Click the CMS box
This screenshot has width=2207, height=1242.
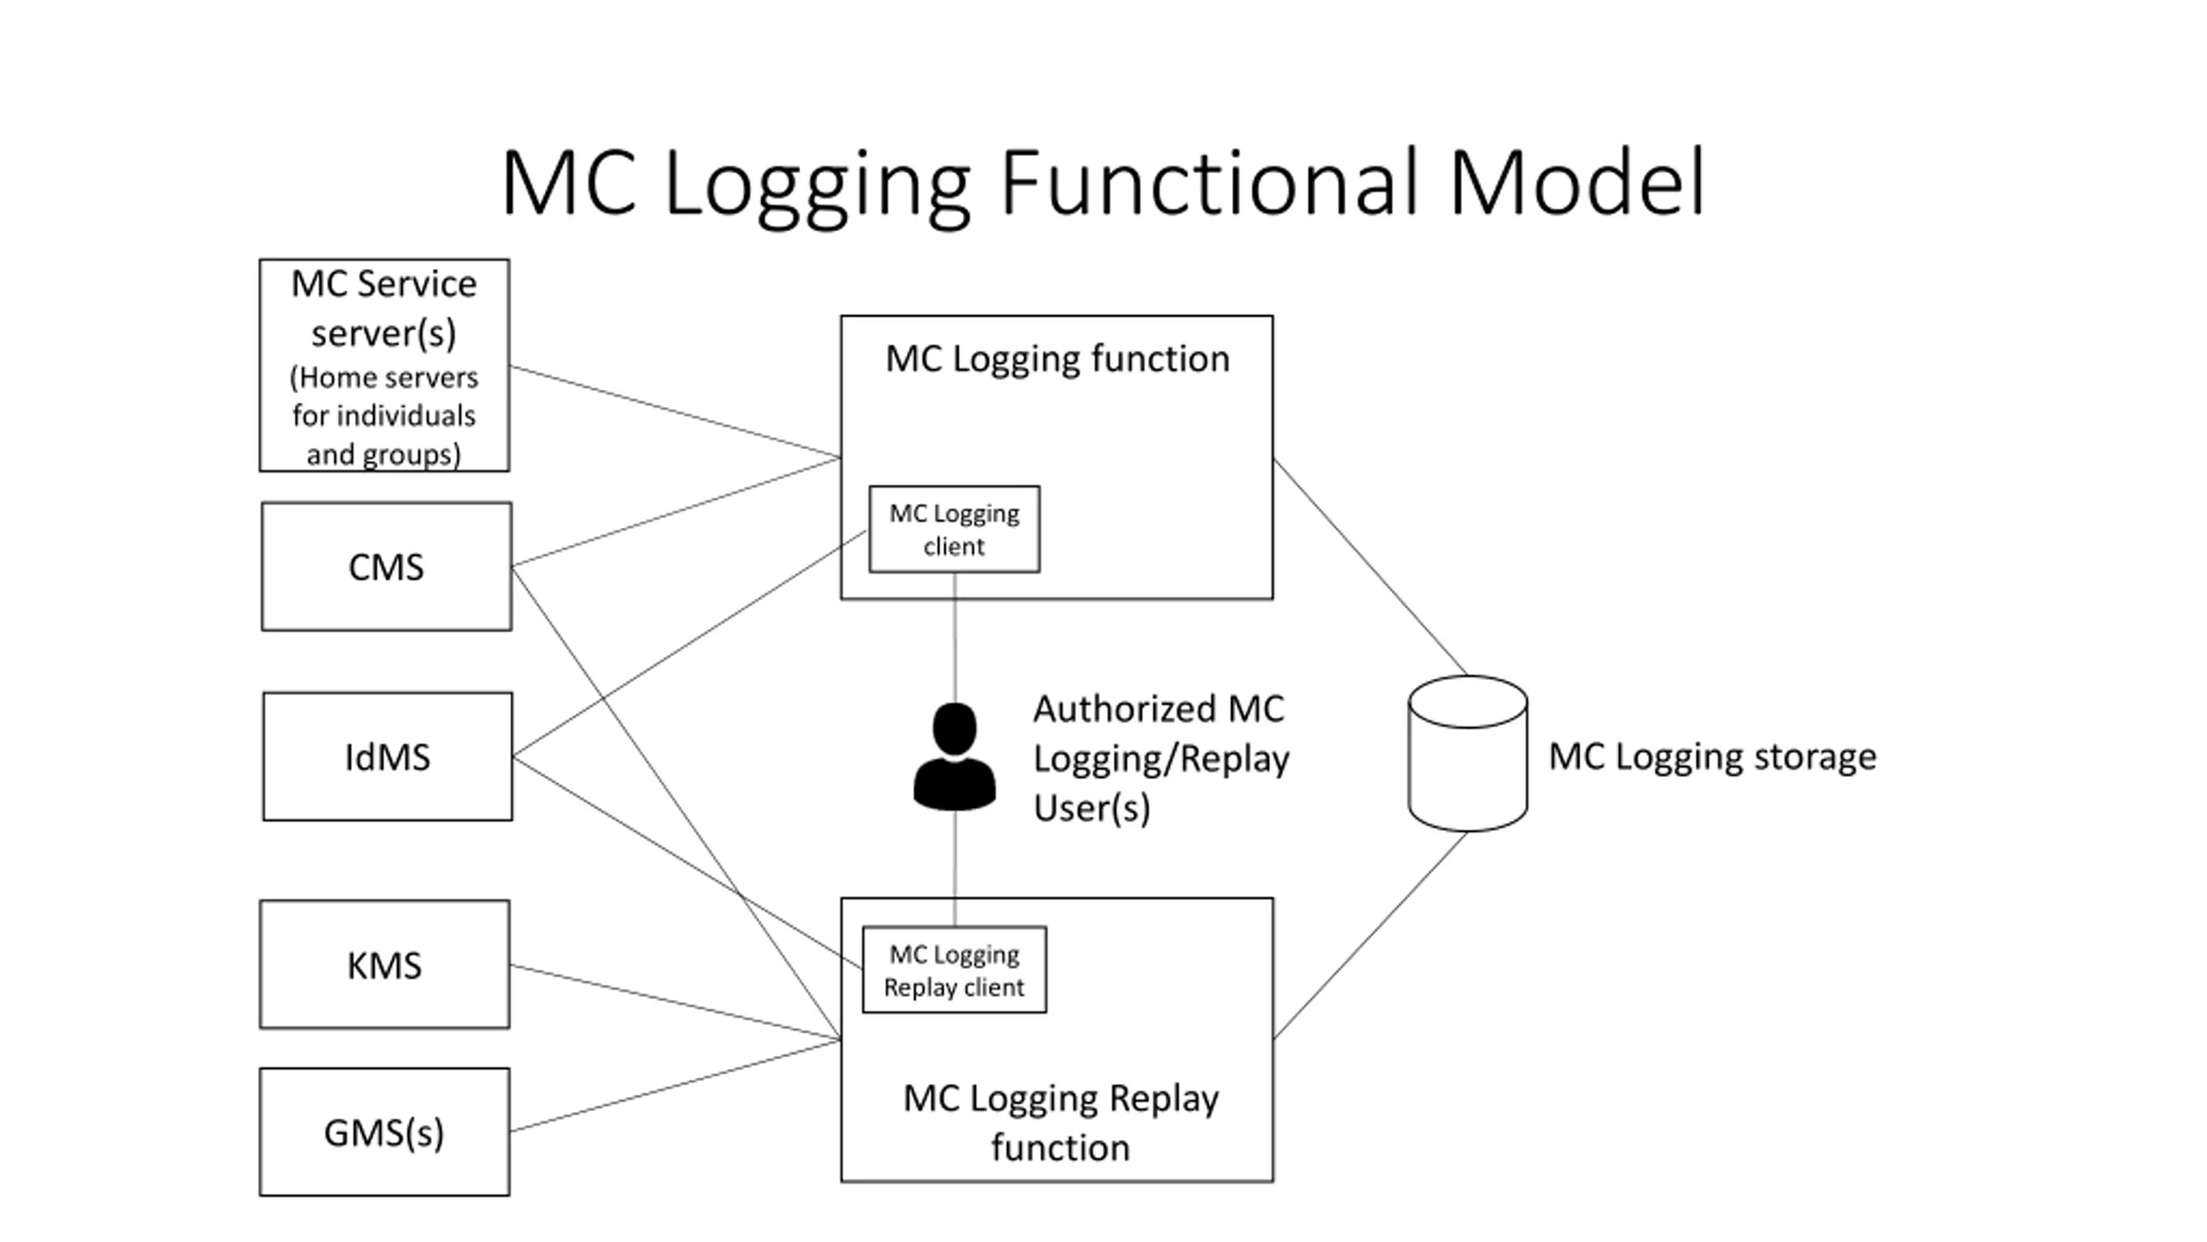(x=386, y=567)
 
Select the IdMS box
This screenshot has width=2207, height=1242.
(x=387, y=756)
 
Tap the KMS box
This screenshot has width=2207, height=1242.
(x=385, y=964)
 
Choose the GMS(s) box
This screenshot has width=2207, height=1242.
(x=385, y=1132)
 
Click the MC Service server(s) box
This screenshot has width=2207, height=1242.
(x=384, y=365)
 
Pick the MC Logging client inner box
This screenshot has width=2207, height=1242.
(x=953, y=529)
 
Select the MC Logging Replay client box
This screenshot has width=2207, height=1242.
(x=954, y=969)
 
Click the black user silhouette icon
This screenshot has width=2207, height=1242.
(x=954, y=756)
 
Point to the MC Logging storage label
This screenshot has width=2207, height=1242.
(x=1712, y=756)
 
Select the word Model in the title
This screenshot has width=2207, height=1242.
(x=1577, y=184)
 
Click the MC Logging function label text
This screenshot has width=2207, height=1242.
(x=1057, y=359)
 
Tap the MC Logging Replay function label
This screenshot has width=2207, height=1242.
(x=1060, y=1122)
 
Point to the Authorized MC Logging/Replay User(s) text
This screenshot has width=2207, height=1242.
(x=1160, y=758)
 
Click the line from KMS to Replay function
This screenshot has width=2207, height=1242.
(x=674, y=1002)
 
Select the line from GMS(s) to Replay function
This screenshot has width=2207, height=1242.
(x=674, y=1086)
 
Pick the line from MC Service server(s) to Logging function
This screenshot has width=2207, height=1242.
(x=674, y=411)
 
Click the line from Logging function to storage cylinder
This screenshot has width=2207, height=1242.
(x=1371, y=567)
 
